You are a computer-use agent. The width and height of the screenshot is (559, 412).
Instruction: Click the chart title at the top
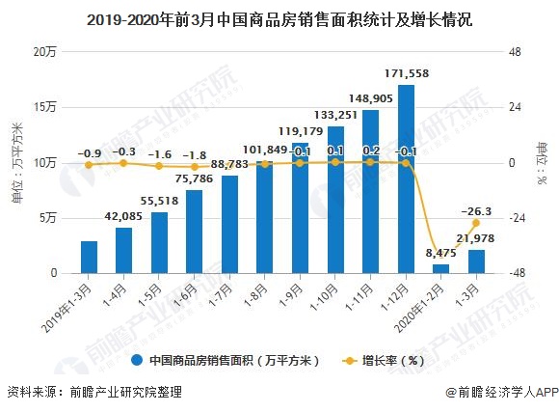coord(279,18)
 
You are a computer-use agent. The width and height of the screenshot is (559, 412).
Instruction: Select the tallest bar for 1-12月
coord(406,179)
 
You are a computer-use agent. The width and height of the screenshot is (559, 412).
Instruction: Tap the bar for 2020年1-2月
coord(440,268)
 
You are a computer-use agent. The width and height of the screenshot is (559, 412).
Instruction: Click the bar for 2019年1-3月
coord(89,257)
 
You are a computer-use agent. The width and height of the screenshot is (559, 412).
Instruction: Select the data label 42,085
coord(123,216)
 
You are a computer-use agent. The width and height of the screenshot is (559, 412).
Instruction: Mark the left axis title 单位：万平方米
coord(15,162)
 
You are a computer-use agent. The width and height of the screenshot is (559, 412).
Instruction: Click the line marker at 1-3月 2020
coord(476,223)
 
